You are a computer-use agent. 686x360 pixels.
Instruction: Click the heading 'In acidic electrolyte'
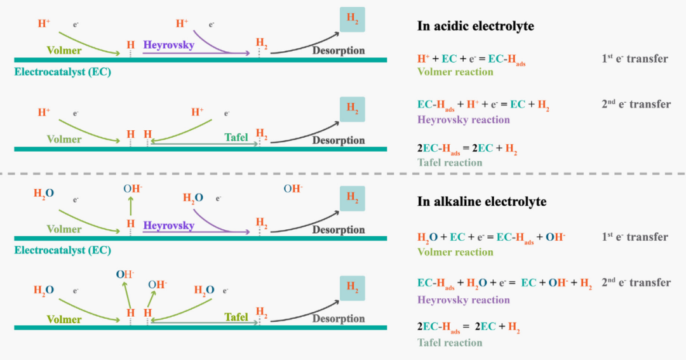[x=475, y=26]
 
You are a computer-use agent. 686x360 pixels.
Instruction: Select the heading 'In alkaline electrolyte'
[x=481, y=202]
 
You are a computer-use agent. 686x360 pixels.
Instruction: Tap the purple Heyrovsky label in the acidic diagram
[x=168, y=45]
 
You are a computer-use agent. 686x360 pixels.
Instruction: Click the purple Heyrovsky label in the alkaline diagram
[x=168, y=225]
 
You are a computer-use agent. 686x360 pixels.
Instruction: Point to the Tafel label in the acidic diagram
[x=236, y=137]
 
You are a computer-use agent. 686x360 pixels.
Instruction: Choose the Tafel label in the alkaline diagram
[x=236, y=317]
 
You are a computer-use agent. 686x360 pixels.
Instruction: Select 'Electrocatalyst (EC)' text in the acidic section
[x=62, y=72]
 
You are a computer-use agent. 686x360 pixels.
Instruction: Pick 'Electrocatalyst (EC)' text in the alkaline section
[x=62, y=250]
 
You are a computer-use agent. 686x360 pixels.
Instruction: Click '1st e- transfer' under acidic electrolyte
[x=634, y=59]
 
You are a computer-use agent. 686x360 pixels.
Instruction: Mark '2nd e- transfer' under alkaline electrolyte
[x=636, y=283]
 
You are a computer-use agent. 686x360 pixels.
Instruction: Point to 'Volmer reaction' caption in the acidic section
[x=455, y=72]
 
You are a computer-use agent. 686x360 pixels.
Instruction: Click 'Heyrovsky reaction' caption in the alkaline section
[x=463, y=300]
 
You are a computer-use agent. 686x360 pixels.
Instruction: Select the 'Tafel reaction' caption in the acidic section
[x=450, y=163]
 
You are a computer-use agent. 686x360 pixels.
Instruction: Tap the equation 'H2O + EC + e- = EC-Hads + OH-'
[x=491, y=237]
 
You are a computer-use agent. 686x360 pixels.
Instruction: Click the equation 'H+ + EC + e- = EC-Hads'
[x=471, y=59]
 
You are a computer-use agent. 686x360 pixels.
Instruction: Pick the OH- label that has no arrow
[x=293, y=189]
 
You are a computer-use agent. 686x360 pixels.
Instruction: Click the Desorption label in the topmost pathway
[x=338, y=50]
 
